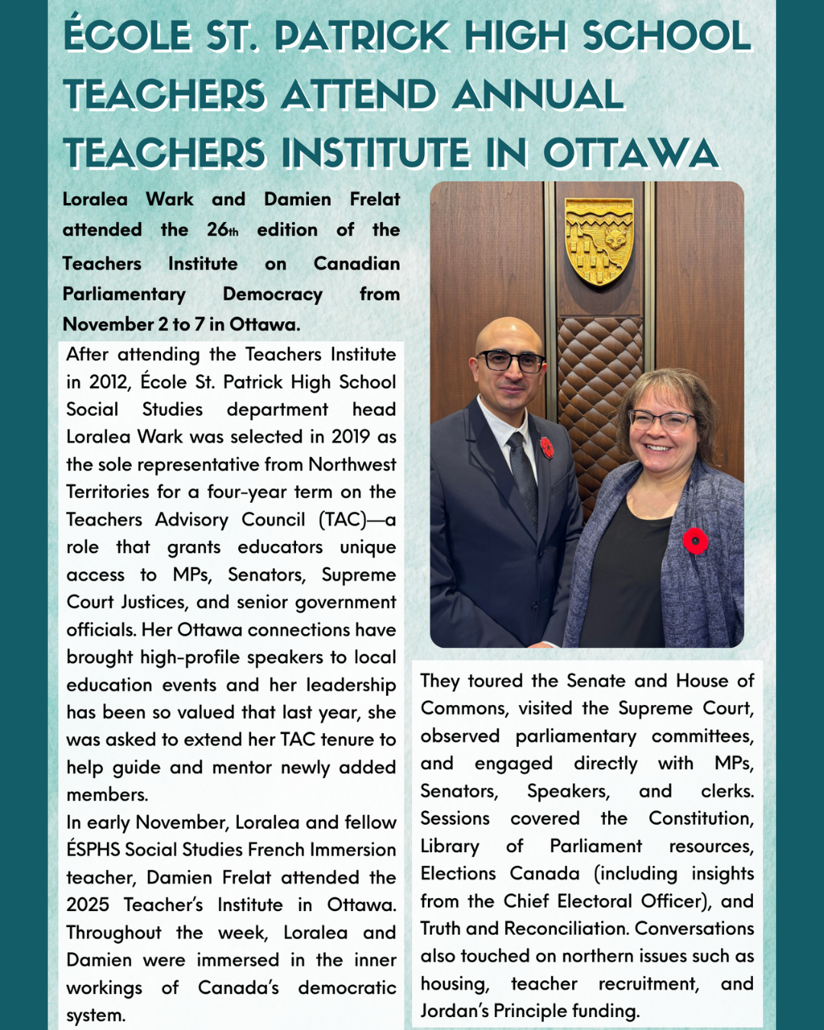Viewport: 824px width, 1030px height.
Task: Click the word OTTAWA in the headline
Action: [x=630, y=153]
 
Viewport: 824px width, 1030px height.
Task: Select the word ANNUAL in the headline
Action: [x=538, y=95]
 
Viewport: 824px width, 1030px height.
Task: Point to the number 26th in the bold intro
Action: [x=222, y=230]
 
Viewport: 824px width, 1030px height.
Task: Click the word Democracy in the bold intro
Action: [x=272, y=294]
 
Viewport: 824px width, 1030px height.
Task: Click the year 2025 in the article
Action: [x=88, y=905]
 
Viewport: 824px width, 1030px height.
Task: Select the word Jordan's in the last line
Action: [x=455, y=1011]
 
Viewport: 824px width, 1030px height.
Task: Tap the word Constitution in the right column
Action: [x=700, y=818]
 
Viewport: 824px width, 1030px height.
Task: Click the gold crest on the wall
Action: [x=599, y=240]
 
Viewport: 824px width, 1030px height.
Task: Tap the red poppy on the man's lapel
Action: [x=547, y=447]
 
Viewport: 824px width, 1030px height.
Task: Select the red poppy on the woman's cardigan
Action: [x=695, y=541]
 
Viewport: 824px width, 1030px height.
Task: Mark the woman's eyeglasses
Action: [x=661, y=420]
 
